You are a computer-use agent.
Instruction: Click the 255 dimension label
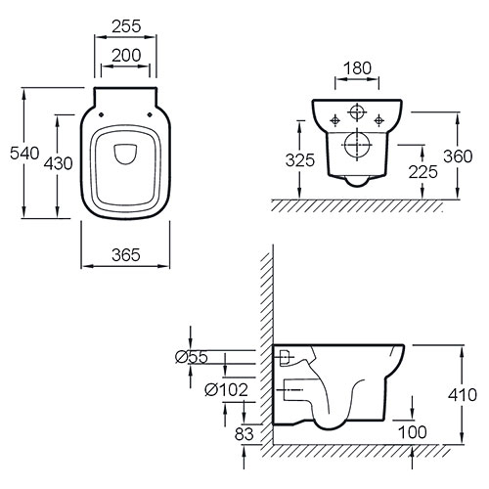point(126,26)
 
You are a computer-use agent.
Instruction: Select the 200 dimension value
point(126,56)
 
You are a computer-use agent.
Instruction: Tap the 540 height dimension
point(24,154)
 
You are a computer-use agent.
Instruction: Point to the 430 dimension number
point(59,163)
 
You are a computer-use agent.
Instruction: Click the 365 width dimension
point(126,255)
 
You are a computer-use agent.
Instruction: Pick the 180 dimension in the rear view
point(357,68)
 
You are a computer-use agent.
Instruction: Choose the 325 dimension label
point(300,160)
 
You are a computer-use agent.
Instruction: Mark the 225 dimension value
point(423,172)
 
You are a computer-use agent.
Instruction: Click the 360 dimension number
point(458,156)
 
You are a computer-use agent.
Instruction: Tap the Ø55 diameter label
point(192,357)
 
